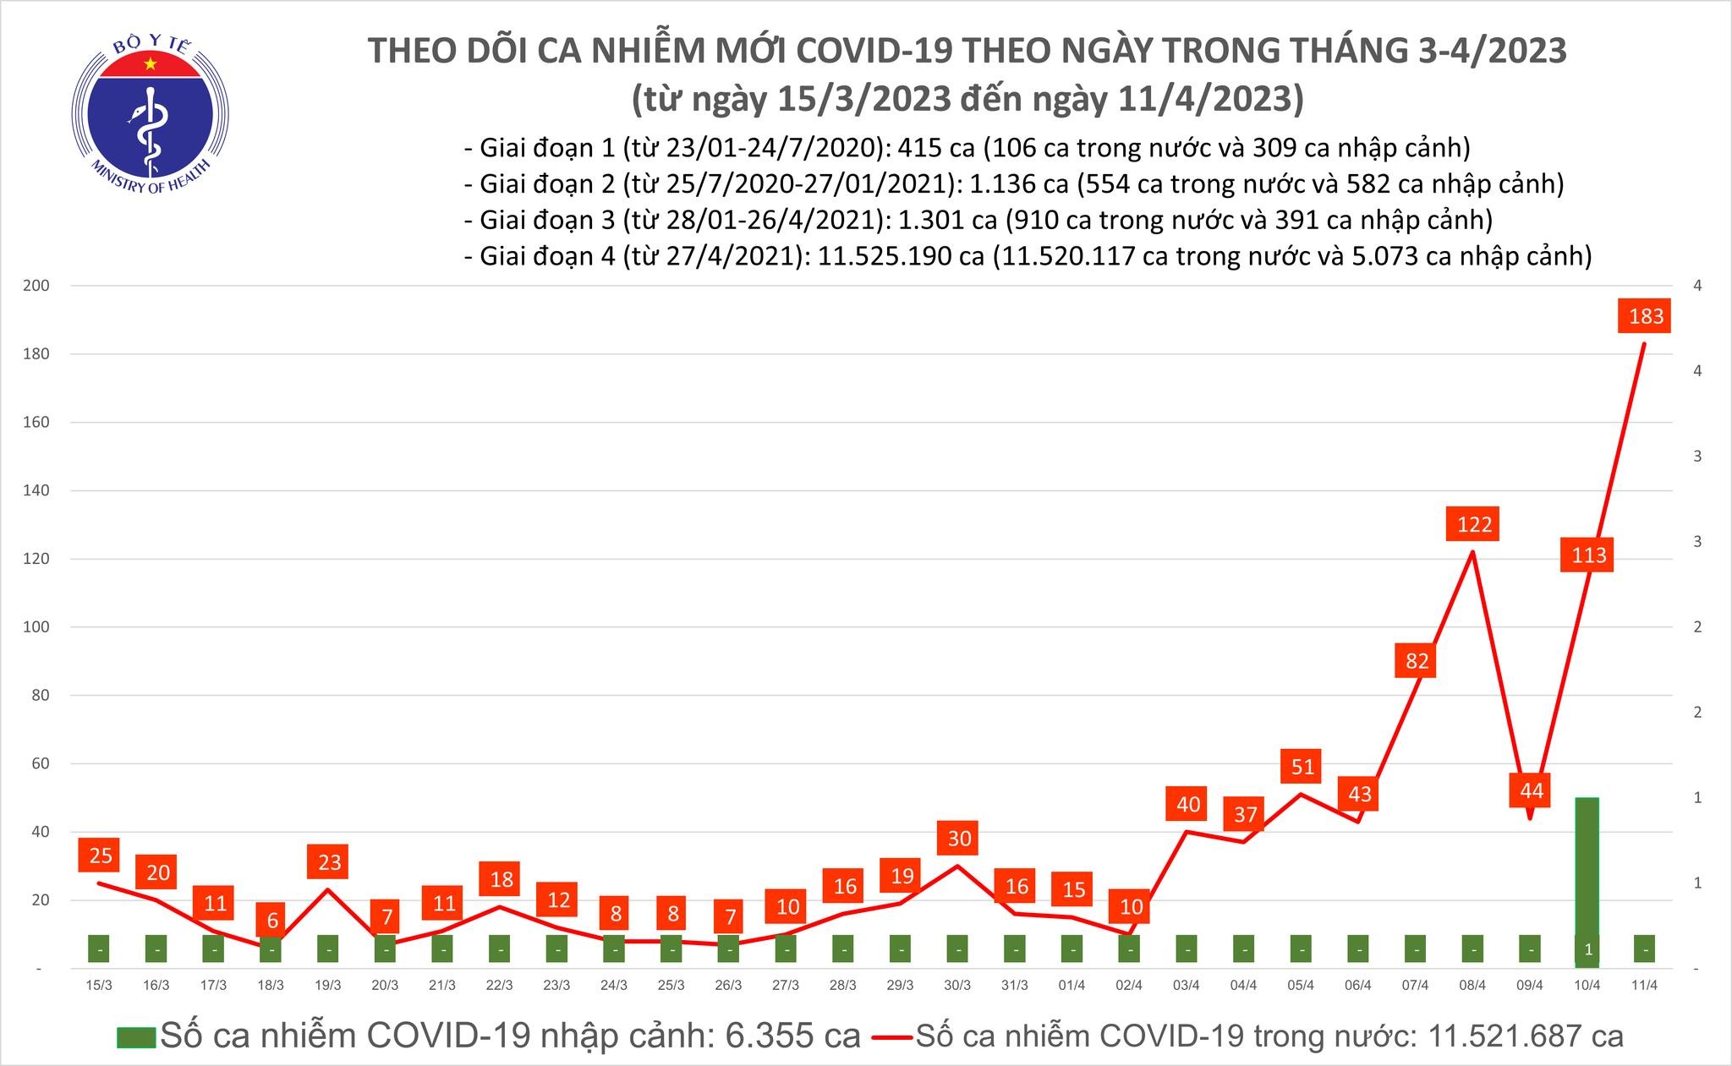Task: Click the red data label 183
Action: click(1646, 316)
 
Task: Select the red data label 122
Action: click(1474, 525)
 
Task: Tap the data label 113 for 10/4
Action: click(1588, 555)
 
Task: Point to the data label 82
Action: click(1417, 660)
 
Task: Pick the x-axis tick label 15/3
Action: click(99, 986)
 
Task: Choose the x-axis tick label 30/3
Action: click(957, 986)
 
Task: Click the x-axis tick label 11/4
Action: click(1644, 986)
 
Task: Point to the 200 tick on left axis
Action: click(37, 286)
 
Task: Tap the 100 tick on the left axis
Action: click(37, 627)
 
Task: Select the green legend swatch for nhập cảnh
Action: click(136, 1037)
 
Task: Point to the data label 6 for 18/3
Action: click(272, 921)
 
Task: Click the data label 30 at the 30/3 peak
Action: click(959, 839)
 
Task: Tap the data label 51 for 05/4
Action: click(1302, 767)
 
